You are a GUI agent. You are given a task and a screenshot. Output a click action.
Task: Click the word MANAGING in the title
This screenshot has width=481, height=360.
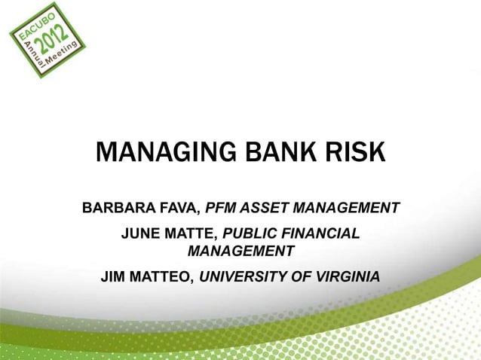click(x=156, y=153)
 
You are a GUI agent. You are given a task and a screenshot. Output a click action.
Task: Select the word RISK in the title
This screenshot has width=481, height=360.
click(x=350, y=153)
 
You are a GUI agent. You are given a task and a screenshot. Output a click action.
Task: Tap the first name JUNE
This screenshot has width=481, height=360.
click(x=140, y=235)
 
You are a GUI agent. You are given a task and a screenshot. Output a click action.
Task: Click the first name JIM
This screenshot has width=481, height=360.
click(x=115, y=276)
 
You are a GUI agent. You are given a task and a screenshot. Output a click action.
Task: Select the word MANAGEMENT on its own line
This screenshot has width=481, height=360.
click(x=240, y=250)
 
